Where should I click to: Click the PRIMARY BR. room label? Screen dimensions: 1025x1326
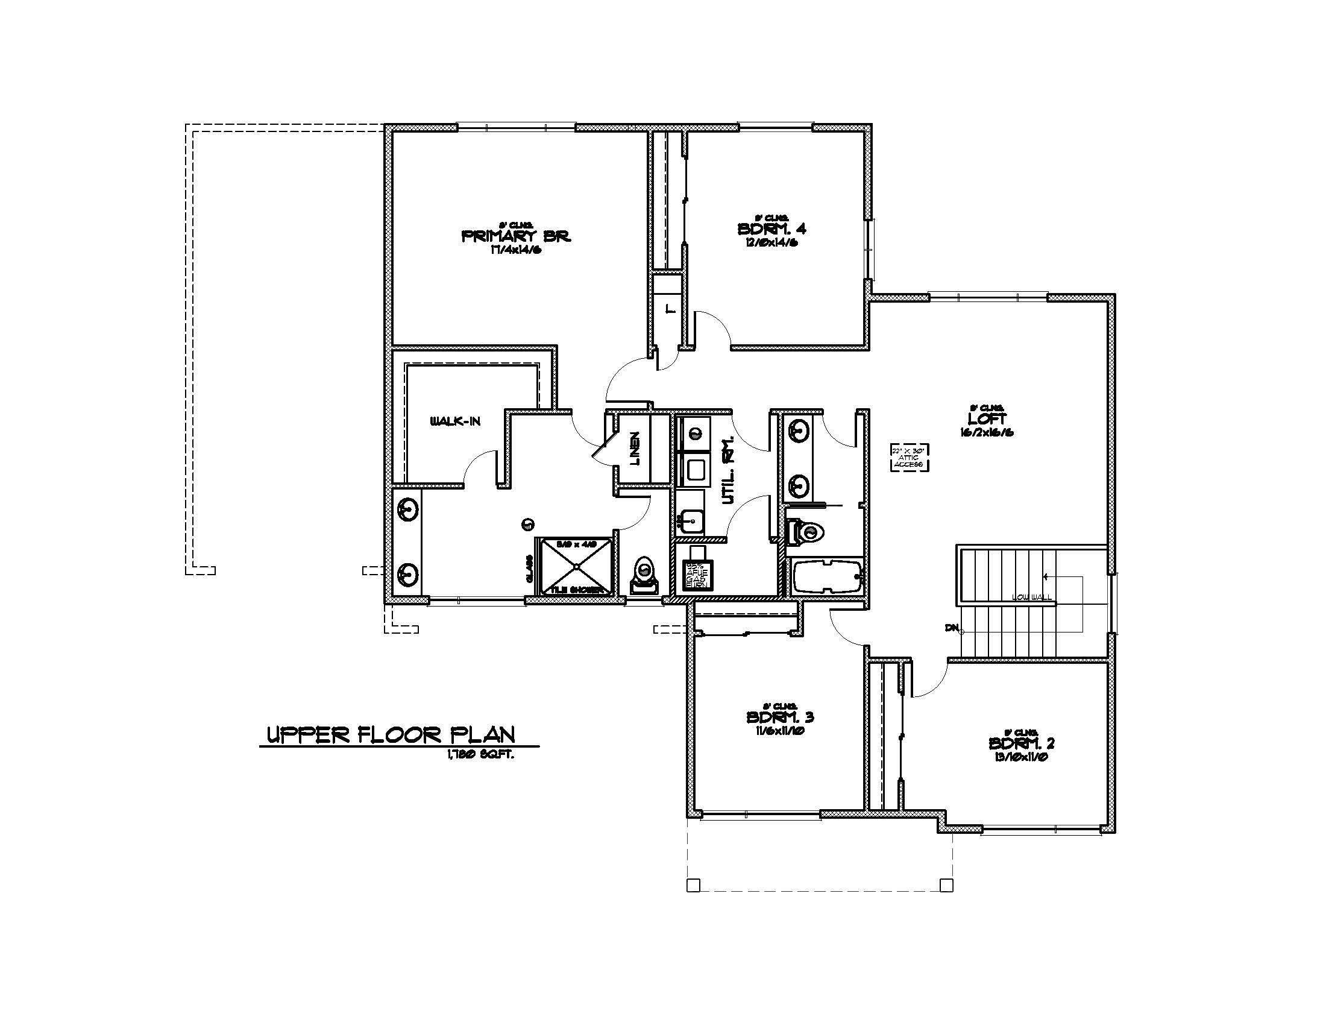click(x=515, y=236)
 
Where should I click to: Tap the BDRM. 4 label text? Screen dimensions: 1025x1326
click(x=771, y=229)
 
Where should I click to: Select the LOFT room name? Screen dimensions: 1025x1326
click(x=987, y=419)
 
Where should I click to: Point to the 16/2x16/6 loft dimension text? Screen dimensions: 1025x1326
click(x=987, y=433)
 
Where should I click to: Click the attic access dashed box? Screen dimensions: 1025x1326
click(x=910, y=457)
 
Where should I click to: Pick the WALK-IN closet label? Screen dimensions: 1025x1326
click(x=455, y=421)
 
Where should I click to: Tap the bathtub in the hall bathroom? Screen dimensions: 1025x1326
click(x=826, y=576)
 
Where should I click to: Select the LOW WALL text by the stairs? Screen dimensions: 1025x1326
click(x=1031, y=598)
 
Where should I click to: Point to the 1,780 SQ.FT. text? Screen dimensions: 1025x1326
click(x=480, y=755)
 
